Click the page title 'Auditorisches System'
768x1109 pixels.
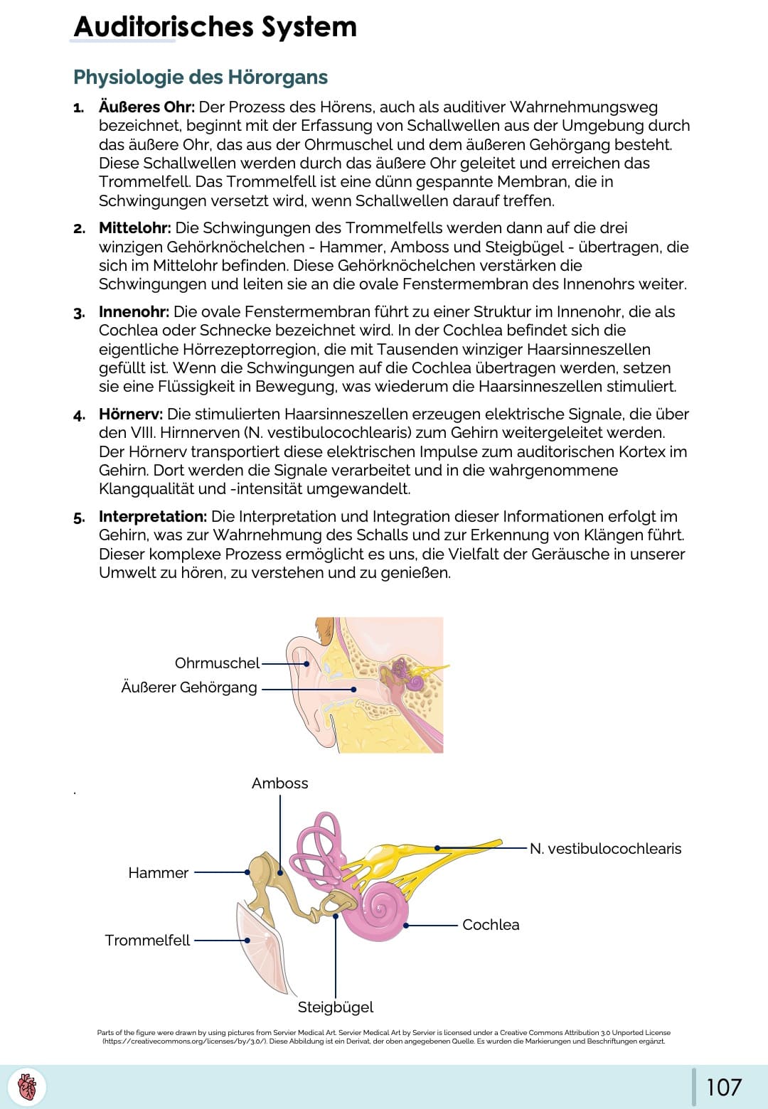pos(215,27)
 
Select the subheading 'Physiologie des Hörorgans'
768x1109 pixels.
pos(201,77)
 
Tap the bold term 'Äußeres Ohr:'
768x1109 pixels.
pos(146,107)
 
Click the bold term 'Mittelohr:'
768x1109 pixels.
pos(134,228)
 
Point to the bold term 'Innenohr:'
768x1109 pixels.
pos(134,312)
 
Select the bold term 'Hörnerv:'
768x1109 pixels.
pos(131,414)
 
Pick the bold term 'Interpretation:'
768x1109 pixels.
pos(153,517)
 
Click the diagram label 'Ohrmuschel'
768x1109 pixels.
pos(217,663)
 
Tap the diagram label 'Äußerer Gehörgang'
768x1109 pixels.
pos(189,687)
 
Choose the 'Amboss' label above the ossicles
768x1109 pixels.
pos(279,783)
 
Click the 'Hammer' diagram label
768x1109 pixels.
pos(158,873)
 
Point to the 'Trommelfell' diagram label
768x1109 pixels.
pos(147,941)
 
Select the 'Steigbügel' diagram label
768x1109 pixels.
pos(335,1007)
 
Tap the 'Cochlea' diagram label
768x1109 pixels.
pos(491,925)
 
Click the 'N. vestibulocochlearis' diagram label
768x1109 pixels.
pos(605,849)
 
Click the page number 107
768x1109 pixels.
pos(724,1087)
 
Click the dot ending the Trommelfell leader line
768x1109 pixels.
pos(247,940)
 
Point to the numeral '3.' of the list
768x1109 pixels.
pos(79,313)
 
